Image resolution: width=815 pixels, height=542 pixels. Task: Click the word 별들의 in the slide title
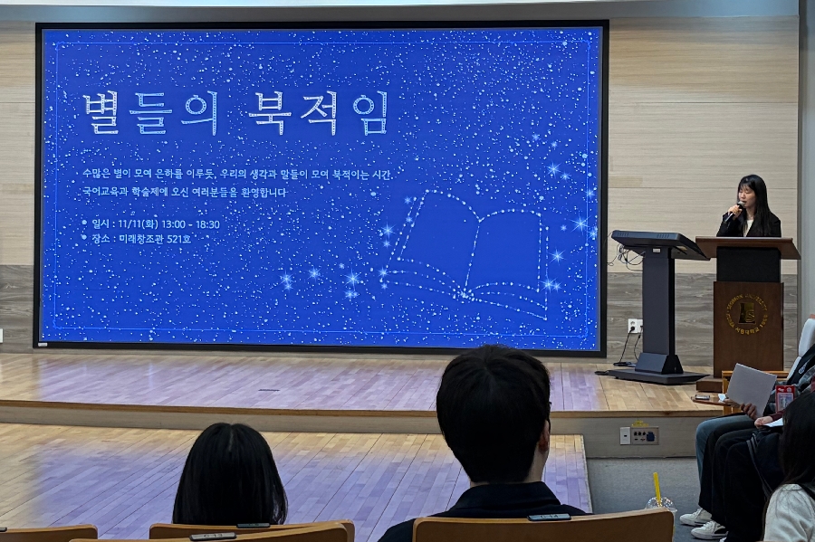150,113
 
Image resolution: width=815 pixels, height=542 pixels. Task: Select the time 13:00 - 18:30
188,223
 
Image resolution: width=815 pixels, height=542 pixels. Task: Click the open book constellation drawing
471,249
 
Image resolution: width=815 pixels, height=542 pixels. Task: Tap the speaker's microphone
730,214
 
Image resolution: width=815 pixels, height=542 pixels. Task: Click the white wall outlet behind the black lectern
635,326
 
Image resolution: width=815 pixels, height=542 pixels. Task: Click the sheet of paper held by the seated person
751,386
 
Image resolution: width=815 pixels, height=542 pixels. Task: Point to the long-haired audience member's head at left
230,475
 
